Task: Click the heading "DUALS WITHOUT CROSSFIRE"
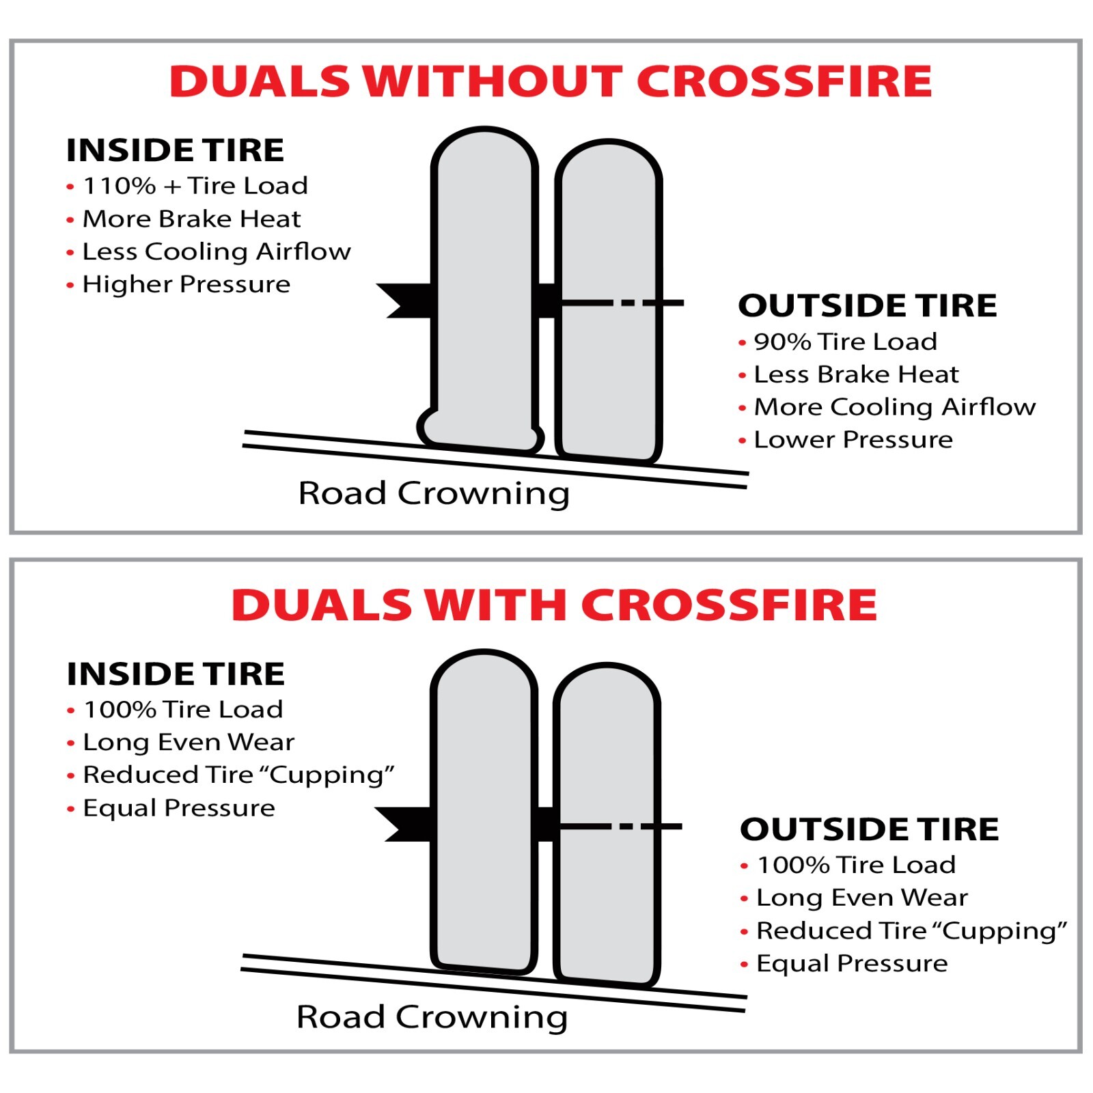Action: click(551, 81)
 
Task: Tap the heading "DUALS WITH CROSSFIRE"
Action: click(554, 605)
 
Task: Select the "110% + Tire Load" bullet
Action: click(195, 186)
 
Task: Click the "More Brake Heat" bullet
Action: click(191, 219)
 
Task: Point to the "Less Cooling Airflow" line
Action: click(217, 251)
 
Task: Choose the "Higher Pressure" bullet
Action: click(186, 284)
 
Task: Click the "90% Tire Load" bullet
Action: click(845, 342)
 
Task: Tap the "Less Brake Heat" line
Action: click(856, 374)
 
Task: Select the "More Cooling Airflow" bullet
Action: click(894, 407)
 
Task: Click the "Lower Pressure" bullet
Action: click(853, 440)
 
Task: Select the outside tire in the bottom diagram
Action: click(607, 888)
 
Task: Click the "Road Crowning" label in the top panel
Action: click(434, 493)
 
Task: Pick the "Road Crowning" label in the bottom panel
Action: click(432, 1017)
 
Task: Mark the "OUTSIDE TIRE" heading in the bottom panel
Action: click(869, 829)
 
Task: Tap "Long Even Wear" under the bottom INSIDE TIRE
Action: click(189, 742)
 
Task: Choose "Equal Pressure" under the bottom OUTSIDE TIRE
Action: click(852, 963)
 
